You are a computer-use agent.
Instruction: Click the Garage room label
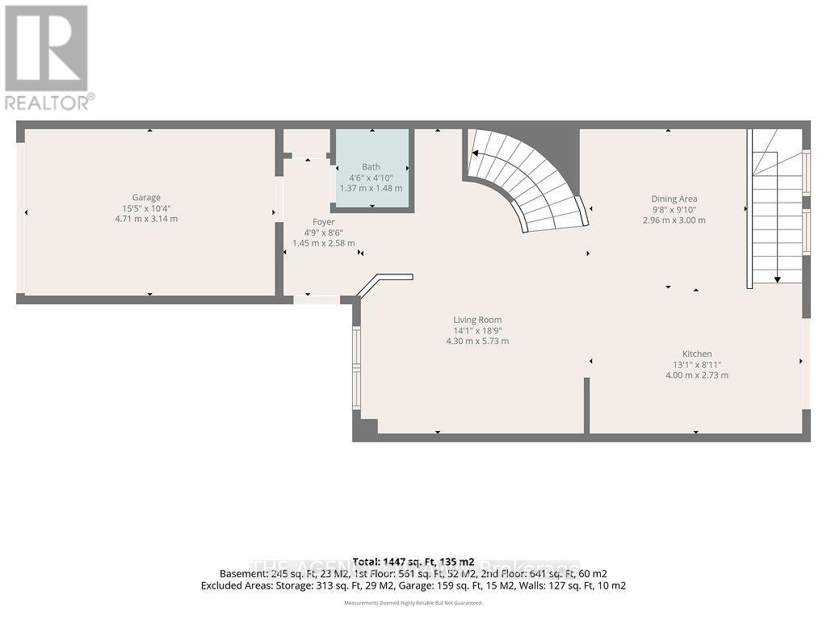(146, 197)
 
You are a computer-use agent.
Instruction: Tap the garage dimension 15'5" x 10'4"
(146, 207)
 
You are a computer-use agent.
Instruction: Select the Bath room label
(371, 167)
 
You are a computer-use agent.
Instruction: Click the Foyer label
(323, 222)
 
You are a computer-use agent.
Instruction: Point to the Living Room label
(477, 320)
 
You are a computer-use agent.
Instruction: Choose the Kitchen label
(697, 354)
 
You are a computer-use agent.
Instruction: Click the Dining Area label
(674, 199)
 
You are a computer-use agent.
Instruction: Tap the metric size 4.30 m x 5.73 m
(477, 341)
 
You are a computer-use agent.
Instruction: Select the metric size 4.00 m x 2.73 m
(697, 375)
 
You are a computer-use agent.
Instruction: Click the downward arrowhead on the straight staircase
(777, 279)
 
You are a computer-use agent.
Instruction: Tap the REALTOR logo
(48, 57)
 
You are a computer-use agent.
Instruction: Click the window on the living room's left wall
(356, 367)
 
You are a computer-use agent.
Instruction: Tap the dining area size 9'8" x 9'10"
(674, 209)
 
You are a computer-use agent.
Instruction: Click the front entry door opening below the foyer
(316, 300)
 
